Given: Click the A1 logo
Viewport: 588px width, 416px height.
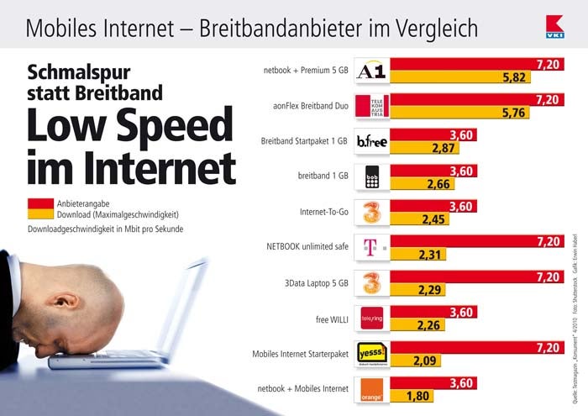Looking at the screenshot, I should [371, 71].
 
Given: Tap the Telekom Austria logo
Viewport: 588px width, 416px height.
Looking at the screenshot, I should [371, 106].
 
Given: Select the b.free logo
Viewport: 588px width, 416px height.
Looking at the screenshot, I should [371, 141].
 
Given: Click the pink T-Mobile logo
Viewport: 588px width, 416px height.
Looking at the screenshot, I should [371, 247].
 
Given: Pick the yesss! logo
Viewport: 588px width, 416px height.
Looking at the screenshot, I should [371, 353].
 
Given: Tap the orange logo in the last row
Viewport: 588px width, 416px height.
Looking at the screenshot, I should [371, 388].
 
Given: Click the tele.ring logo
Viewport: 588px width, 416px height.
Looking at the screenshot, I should [371, 318].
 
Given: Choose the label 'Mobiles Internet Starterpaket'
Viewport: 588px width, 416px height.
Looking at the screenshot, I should [300, 354].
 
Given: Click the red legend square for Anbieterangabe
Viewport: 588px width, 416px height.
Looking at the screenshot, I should [39, 203].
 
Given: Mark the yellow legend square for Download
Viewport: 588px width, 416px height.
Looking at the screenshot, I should [39, 214].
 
